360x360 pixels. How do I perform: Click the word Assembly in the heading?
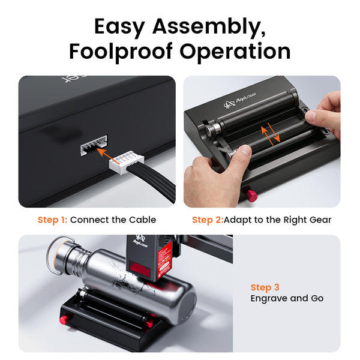pos(209,28)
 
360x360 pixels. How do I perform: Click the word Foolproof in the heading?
pos(121,52)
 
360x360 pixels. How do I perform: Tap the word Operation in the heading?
pos(235,52)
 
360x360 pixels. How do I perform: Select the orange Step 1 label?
pos(52,220)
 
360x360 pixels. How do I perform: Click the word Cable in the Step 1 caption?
pos(143,220)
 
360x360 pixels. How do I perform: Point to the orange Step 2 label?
pos(208,220)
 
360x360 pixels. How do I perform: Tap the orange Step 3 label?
pos(265,287)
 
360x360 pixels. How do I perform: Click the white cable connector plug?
pos(127,162)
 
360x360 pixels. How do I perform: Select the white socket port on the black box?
pos(94,146)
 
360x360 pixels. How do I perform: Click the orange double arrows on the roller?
pos(271,134)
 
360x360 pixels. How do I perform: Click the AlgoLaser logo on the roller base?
pos(240,100)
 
